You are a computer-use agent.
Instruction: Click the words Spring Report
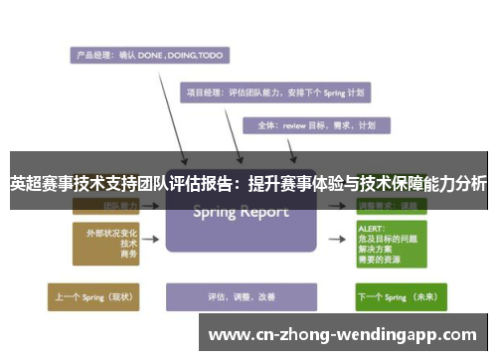[241, 212]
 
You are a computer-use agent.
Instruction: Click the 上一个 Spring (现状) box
[96, 296]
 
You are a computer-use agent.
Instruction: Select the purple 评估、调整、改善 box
[241, 296]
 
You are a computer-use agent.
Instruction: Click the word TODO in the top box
[210, 56]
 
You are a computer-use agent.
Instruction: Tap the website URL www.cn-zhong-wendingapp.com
[343, 334]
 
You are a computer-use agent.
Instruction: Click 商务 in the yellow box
[128, 255]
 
